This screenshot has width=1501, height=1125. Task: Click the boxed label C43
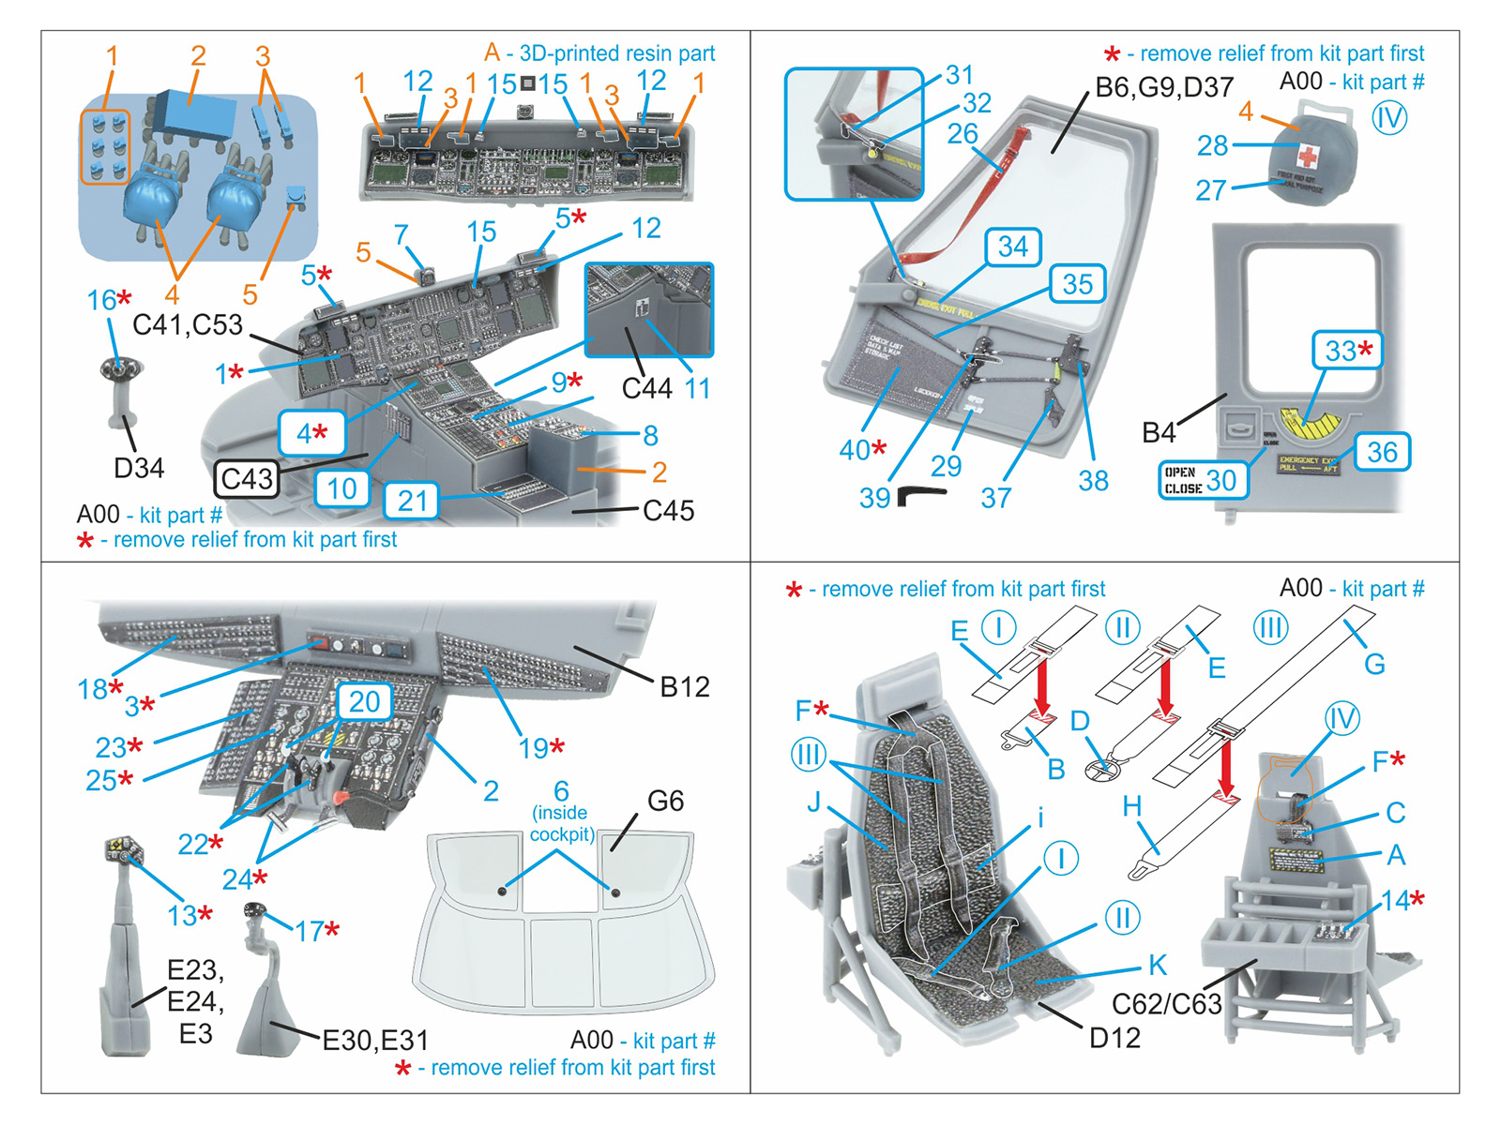point(247,479)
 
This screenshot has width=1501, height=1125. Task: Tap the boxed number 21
point(412,501)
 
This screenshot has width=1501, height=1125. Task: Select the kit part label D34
point(139,467)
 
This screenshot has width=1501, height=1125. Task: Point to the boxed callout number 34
point(1013,247)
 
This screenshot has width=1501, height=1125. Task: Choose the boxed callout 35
point(1077,283)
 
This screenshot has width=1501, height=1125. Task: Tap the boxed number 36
point(1382,452)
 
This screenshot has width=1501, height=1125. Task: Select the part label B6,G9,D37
point(1164,87)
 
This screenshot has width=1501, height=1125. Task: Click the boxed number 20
point(364,701)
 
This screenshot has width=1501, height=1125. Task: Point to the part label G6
point(665,801)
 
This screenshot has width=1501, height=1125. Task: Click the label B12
point(684,687)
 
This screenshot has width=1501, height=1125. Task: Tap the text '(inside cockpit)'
point(561,823)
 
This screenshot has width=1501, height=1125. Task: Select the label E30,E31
point(375,1040)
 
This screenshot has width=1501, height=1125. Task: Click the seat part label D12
point(1114,1038)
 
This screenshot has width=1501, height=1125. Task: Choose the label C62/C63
point(1166,1004)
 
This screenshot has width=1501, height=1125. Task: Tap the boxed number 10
point(341,488)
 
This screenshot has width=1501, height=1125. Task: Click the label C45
point(668,511)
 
